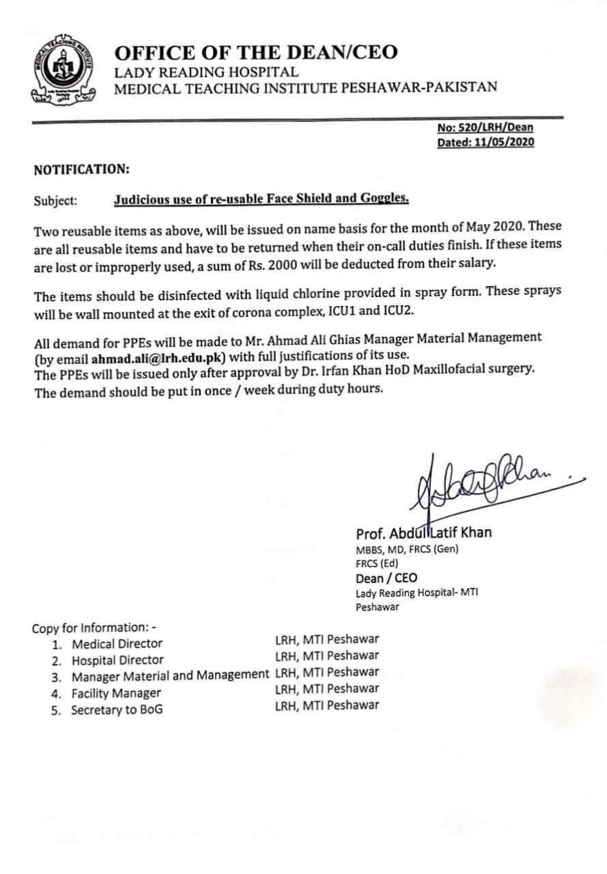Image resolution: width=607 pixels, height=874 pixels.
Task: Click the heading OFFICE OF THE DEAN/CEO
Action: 255,53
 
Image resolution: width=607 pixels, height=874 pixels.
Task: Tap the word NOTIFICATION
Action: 81,169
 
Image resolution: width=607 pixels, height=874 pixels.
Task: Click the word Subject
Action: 55,201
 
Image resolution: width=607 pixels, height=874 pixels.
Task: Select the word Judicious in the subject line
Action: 143,199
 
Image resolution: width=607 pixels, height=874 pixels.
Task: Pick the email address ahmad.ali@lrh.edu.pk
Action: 159,356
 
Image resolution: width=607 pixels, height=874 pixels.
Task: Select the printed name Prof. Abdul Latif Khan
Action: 423,533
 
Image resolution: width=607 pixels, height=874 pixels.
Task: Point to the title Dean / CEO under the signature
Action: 386,578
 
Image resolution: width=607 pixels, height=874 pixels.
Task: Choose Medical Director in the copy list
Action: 117,643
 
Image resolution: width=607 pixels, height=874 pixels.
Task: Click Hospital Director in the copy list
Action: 117,660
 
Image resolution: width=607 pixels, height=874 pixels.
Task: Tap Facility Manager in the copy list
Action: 116,693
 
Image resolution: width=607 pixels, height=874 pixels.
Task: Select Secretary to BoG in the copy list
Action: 117,709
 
